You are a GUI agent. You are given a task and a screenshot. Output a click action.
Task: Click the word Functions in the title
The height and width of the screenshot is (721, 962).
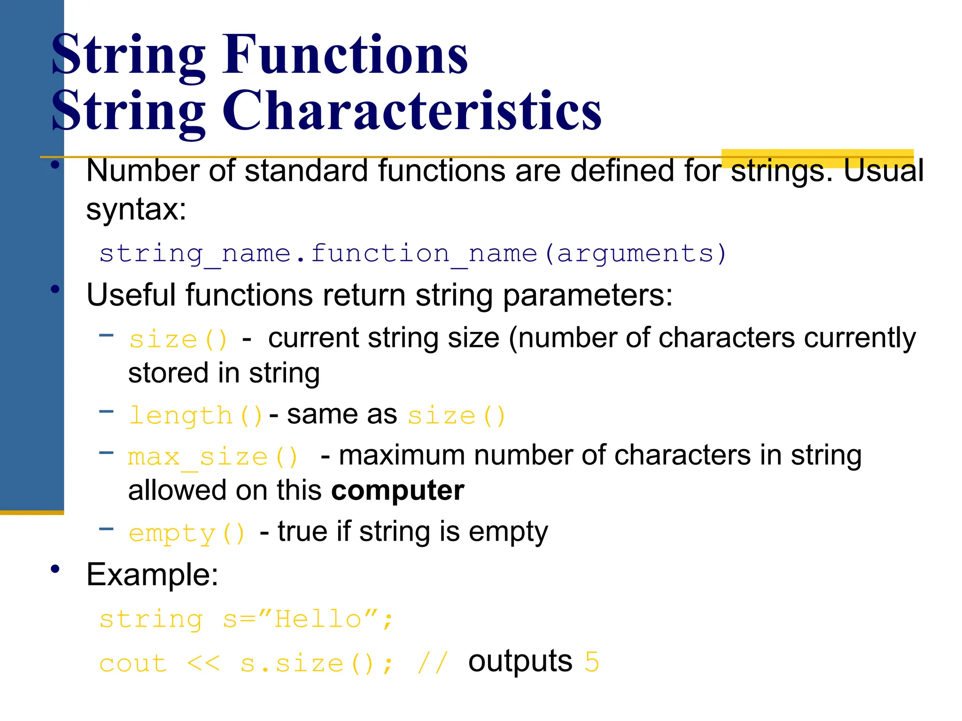pos(345,55)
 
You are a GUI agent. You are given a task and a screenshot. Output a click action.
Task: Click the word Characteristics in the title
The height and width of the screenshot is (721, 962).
pos(411,111)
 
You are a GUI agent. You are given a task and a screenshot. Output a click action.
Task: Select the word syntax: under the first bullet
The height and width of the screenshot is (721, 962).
pos(136,209)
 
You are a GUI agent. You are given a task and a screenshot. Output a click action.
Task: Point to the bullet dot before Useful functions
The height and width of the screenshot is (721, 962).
pos(55,289)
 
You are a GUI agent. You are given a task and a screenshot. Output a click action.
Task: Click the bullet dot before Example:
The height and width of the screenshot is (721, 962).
pos(55,569)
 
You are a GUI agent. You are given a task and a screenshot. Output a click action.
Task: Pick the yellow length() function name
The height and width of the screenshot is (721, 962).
pos(195,416)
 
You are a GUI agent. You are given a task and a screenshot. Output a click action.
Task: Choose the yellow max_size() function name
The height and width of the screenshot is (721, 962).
pos(213,457)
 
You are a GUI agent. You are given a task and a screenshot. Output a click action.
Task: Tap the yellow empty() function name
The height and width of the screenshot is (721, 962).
pos(186,533)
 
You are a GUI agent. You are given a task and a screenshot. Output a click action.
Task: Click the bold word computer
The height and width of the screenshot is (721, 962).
pos(397,491)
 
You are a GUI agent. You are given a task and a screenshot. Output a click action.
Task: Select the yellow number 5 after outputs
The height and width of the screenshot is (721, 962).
pos(592,662)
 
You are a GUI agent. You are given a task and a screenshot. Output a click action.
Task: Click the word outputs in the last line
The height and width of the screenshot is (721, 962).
pos(520,662)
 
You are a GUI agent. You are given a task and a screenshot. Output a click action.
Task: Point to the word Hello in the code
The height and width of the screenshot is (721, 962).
pos(318,619)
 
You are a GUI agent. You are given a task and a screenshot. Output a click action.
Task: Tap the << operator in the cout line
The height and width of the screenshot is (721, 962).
pos(203,664)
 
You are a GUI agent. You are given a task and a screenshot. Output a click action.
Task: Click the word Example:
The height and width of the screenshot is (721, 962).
pos(152,575)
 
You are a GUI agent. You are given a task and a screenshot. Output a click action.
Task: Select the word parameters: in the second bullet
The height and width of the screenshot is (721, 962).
pos(588,296)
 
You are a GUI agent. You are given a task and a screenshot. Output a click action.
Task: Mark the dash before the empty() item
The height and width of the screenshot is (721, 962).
pos(107,529)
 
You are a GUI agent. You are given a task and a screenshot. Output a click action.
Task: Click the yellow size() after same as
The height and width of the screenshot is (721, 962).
pos(456,416)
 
